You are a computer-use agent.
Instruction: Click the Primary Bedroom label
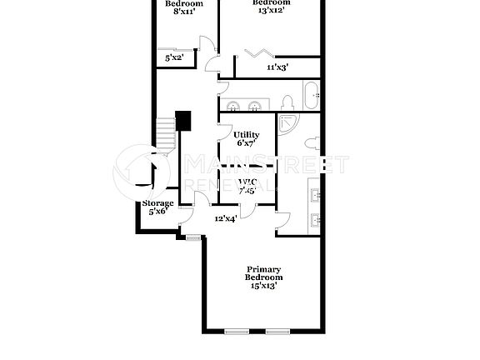click(263, 273)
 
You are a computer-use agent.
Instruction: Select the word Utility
click(246, 135)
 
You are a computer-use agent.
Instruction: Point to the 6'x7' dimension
click(246, 143)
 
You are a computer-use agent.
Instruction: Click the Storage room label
click(157, 203)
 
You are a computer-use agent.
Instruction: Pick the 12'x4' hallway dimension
click(225, 218)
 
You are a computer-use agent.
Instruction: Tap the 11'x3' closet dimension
click(277, 67)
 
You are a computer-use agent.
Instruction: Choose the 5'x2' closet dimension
click(173, 58)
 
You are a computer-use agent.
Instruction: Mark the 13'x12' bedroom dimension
click(272, 11)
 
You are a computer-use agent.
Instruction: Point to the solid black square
click(183, 121)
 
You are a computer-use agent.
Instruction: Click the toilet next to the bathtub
click(287, 102)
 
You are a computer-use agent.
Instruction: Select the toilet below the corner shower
click(311, 142)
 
